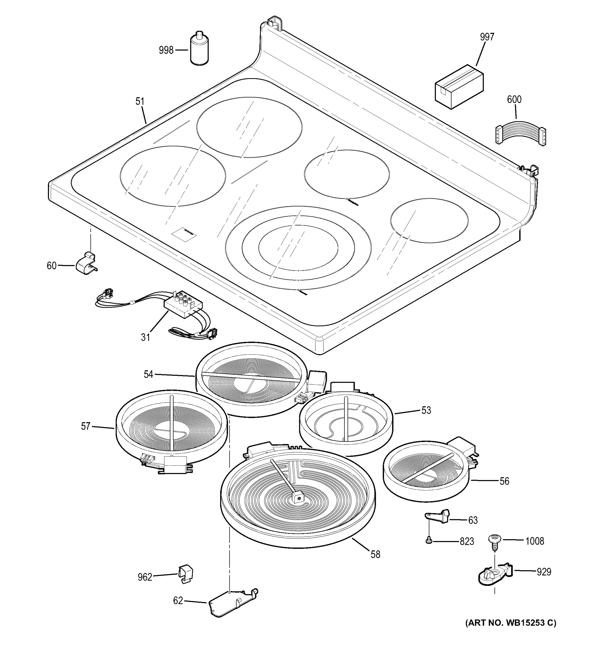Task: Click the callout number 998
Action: pyautogui.click(x=166, y=50)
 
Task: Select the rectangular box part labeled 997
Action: pyautogui.click(x=459, y=86)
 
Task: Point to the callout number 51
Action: pyautogui.click(x=140, y=102)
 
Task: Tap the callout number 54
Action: pyautogui.click(x=148, y=374)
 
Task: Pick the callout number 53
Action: pyautogui.click(x=426, y=410)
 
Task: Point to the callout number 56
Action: pyautogui.click(x=504, y=481)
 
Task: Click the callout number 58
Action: pyautogui.click(x=375, y=554)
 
